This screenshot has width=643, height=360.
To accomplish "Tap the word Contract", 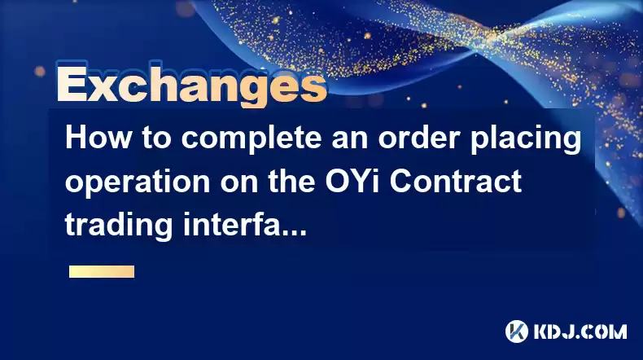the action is pos(455,181).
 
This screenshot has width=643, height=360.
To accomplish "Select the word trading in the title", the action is pos(119,226).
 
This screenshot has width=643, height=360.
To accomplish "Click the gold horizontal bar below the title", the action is pos(102,271).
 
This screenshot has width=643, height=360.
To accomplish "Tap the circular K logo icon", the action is pos(517,331).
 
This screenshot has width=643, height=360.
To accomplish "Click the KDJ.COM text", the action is pos(580,331).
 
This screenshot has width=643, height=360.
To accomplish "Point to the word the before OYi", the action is pos(291,181).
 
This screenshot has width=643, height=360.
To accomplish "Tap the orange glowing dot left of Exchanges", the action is pos(40,71).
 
